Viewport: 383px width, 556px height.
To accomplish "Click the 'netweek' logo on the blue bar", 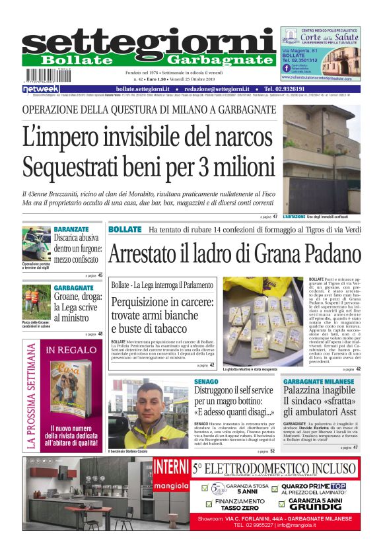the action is [x=41, y=88].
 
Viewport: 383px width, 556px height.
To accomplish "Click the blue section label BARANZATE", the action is [x=71, y=228].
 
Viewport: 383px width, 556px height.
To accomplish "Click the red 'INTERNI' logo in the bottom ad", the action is [x=170, y=467].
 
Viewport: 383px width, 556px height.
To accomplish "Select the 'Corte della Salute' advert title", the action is [x=321, y=39].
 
